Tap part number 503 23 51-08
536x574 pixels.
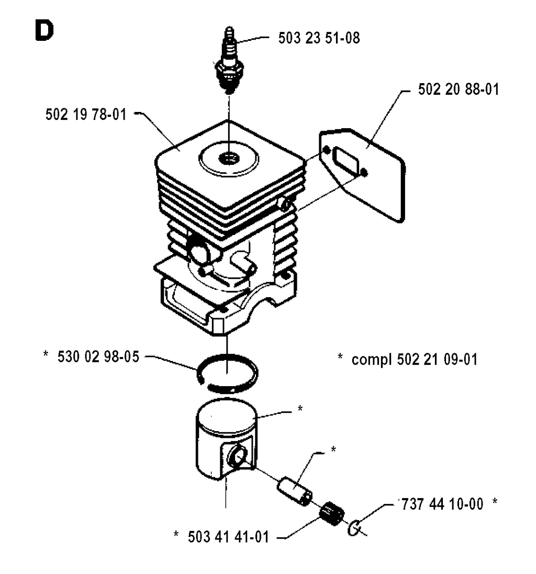point(318,39)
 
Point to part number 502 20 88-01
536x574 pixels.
point(459,89)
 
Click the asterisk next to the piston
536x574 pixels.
point(299,409)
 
